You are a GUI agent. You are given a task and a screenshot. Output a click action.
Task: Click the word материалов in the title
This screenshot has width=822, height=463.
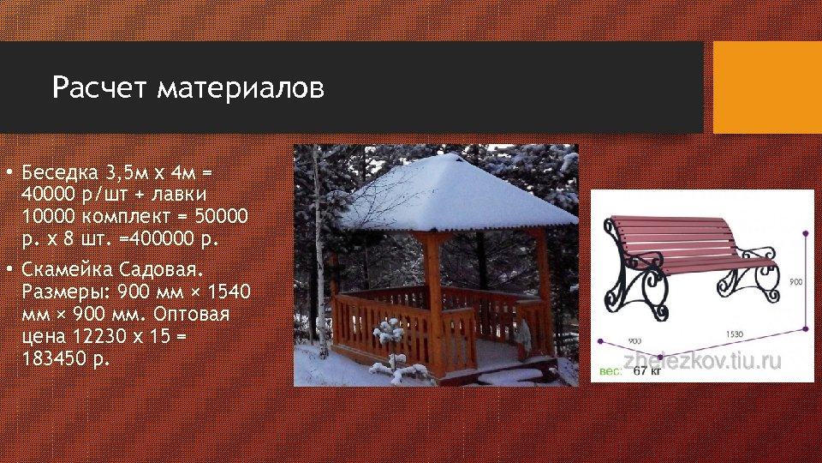point(241,88)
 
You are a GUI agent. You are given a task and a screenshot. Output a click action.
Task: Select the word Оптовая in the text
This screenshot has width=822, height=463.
point(196,315)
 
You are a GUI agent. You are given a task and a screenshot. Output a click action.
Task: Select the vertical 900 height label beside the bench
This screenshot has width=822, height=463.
point(795,281)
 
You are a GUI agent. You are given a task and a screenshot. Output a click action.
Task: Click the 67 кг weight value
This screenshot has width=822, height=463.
point(647,370)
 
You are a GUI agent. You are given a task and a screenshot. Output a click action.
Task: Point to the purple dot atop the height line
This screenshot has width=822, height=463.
point(805,231)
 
